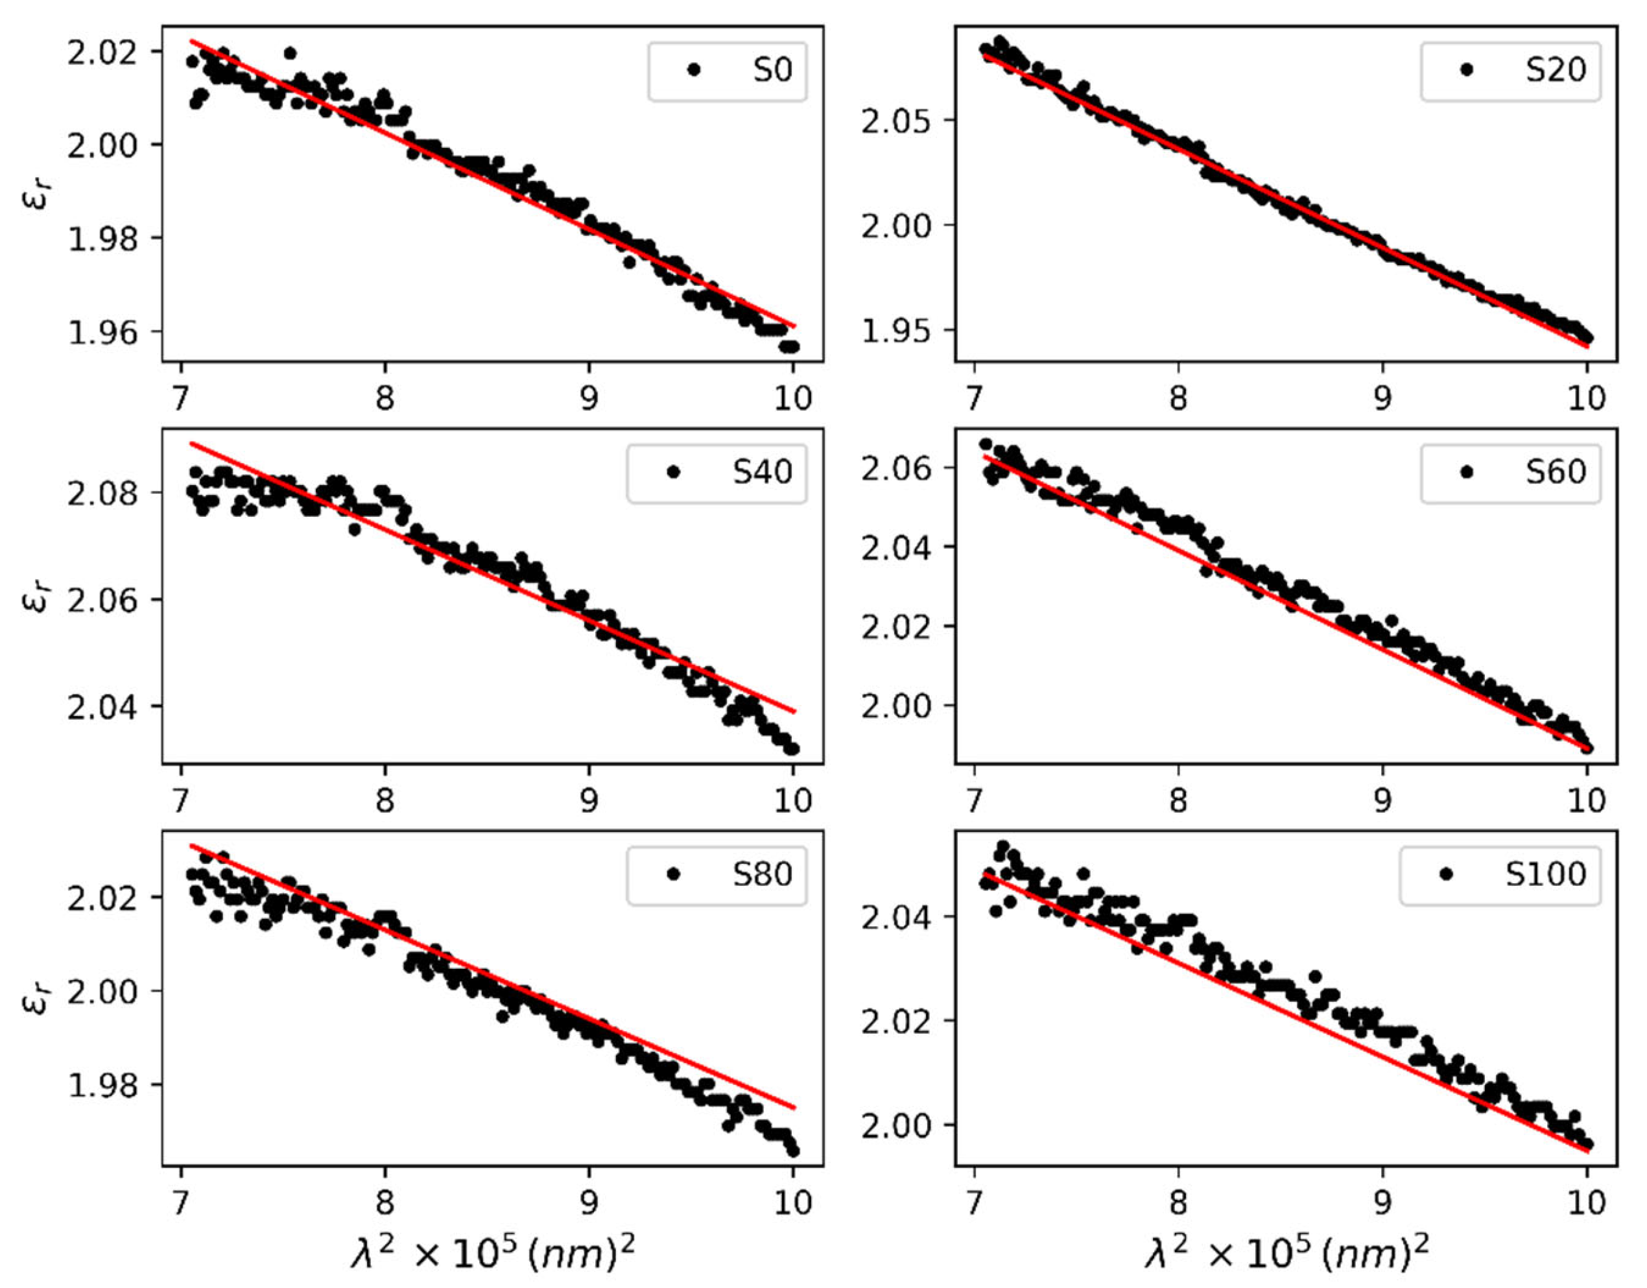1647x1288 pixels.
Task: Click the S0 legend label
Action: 772,70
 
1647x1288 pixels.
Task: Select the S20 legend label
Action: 1555,70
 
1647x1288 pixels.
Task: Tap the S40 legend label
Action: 763,472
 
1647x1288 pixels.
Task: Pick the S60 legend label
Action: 1555,472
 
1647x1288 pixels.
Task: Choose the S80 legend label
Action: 763,874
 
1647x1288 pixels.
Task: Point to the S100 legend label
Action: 1545,874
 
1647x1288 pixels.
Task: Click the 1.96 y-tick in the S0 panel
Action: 102,332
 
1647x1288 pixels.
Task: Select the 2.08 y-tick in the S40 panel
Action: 102,493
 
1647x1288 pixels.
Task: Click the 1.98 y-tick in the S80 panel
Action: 102,1085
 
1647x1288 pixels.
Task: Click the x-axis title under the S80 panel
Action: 492,1255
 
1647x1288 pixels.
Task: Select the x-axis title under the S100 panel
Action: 1286,1255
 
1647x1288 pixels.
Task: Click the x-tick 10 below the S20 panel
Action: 1587,397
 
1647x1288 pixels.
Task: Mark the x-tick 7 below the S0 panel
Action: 181,397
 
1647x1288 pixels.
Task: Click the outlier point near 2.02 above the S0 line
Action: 290,53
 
